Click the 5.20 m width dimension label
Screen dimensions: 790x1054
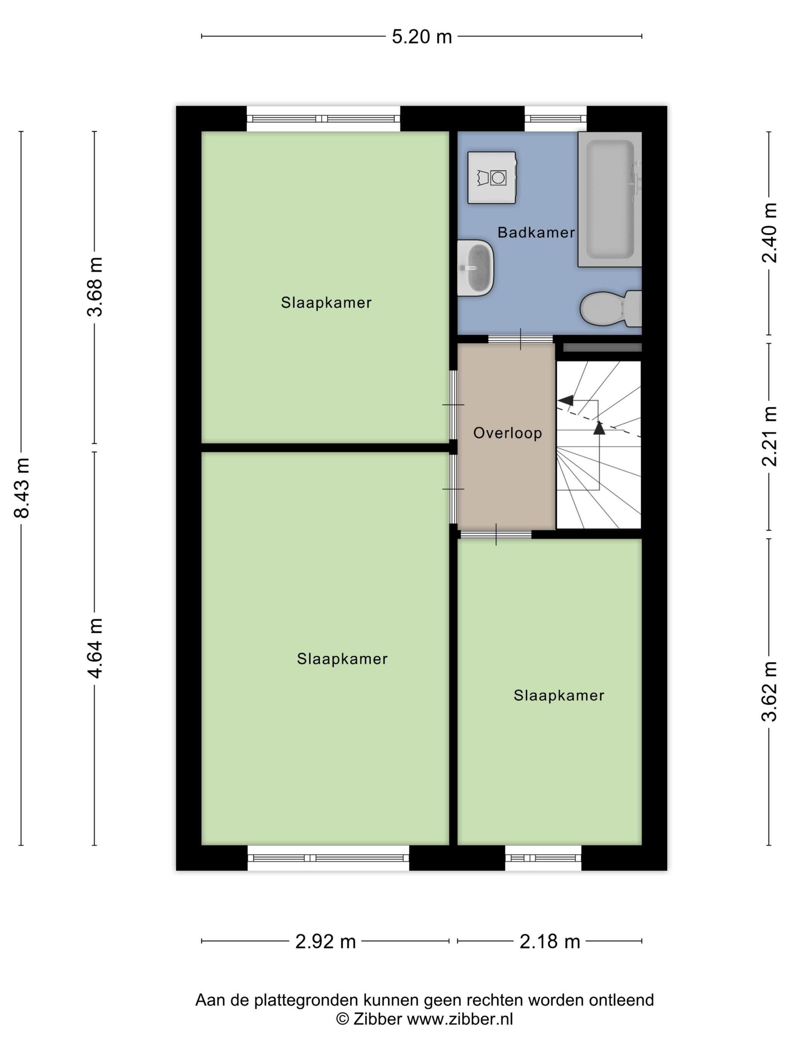[x=421, y=37]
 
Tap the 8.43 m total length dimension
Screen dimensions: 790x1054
[x=22, y=487]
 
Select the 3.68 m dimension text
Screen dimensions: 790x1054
[x=95, y=286]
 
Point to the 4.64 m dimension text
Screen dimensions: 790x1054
[x=95, y=648]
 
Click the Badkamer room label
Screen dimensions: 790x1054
[x=536, y=233]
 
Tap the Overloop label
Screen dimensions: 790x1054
[x=507, y=433]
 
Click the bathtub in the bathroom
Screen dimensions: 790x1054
[x=609, y=199]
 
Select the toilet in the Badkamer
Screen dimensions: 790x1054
[x=611, y=309]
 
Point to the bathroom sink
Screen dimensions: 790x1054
[x=475, y=268]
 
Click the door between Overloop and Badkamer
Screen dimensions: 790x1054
[x=521, y=339]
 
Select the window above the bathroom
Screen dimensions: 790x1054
[x=555, y=119]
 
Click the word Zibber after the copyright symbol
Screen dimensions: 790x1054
[x=377, y=1020]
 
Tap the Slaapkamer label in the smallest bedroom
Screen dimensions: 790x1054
[x=559, y=696]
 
